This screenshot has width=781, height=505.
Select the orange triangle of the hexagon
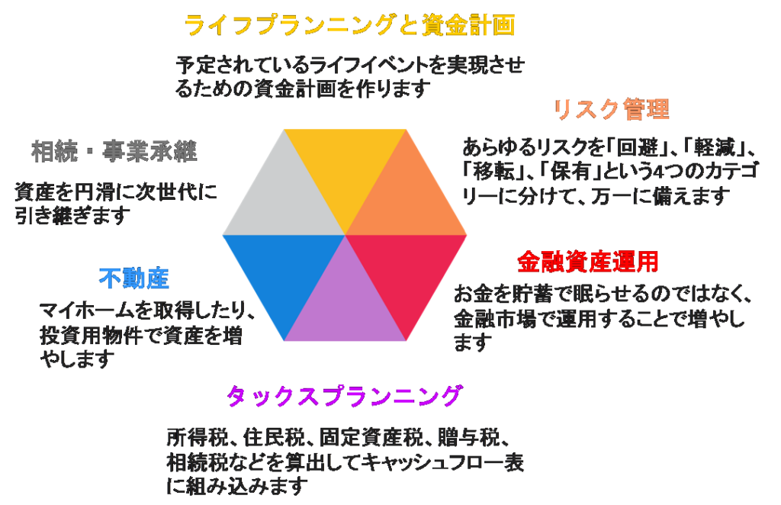[406, 199]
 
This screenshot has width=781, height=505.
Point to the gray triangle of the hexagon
[284, 199]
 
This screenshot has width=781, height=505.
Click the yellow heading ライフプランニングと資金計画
[349, 25]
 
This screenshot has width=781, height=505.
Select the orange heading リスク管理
[612, 109]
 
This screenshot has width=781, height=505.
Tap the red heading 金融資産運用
[588, 262]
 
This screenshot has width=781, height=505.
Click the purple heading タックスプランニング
[345, 397]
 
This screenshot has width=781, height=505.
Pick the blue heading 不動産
[134, 278]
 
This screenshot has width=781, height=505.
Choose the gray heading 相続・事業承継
[114, 151]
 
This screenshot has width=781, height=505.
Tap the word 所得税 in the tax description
[198, 439]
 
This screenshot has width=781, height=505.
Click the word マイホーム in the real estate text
[87, 311]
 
